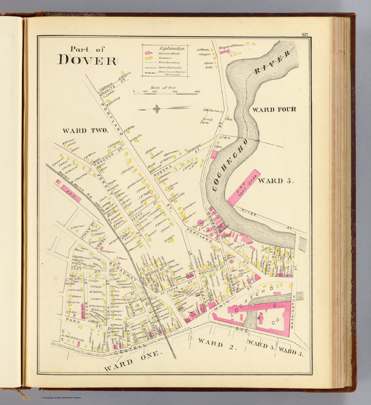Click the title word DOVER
pyautogui.click(x=87, y=60)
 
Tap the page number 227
pyautogui.click(x=305, y=35)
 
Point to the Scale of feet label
pyautogui.click(x=163, y=88)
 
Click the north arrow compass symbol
pyautogui.click(x=157, y=109)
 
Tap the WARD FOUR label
pyautogui.click(x=274, y=109)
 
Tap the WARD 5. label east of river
pyautogui.click(x=275, y=181)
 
